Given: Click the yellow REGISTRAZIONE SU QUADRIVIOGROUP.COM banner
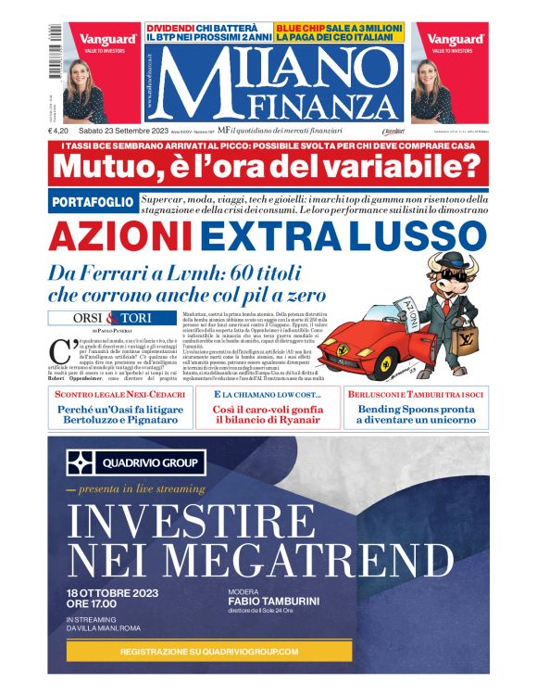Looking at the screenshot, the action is (x=208, y=652).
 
